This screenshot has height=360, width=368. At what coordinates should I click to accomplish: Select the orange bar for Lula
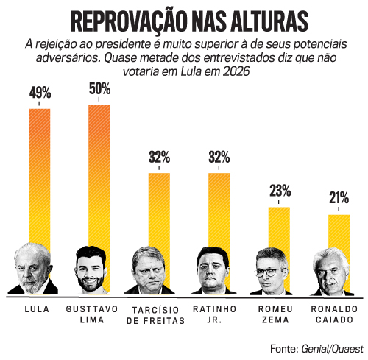tap(39, 177)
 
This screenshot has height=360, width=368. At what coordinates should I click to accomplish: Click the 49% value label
tap(40, 93)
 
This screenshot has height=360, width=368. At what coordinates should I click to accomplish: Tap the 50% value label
tap(99, 89)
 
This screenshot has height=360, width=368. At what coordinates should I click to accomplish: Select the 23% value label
tap(280, 191)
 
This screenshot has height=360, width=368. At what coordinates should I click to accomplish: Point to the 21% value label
tap(339, 199)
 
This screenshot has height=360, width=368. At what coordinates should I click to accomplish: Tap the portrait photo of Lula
tap(33, 269)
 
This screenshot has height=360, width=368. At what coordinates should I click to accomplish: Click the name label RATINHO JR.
tap(213, 314)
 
